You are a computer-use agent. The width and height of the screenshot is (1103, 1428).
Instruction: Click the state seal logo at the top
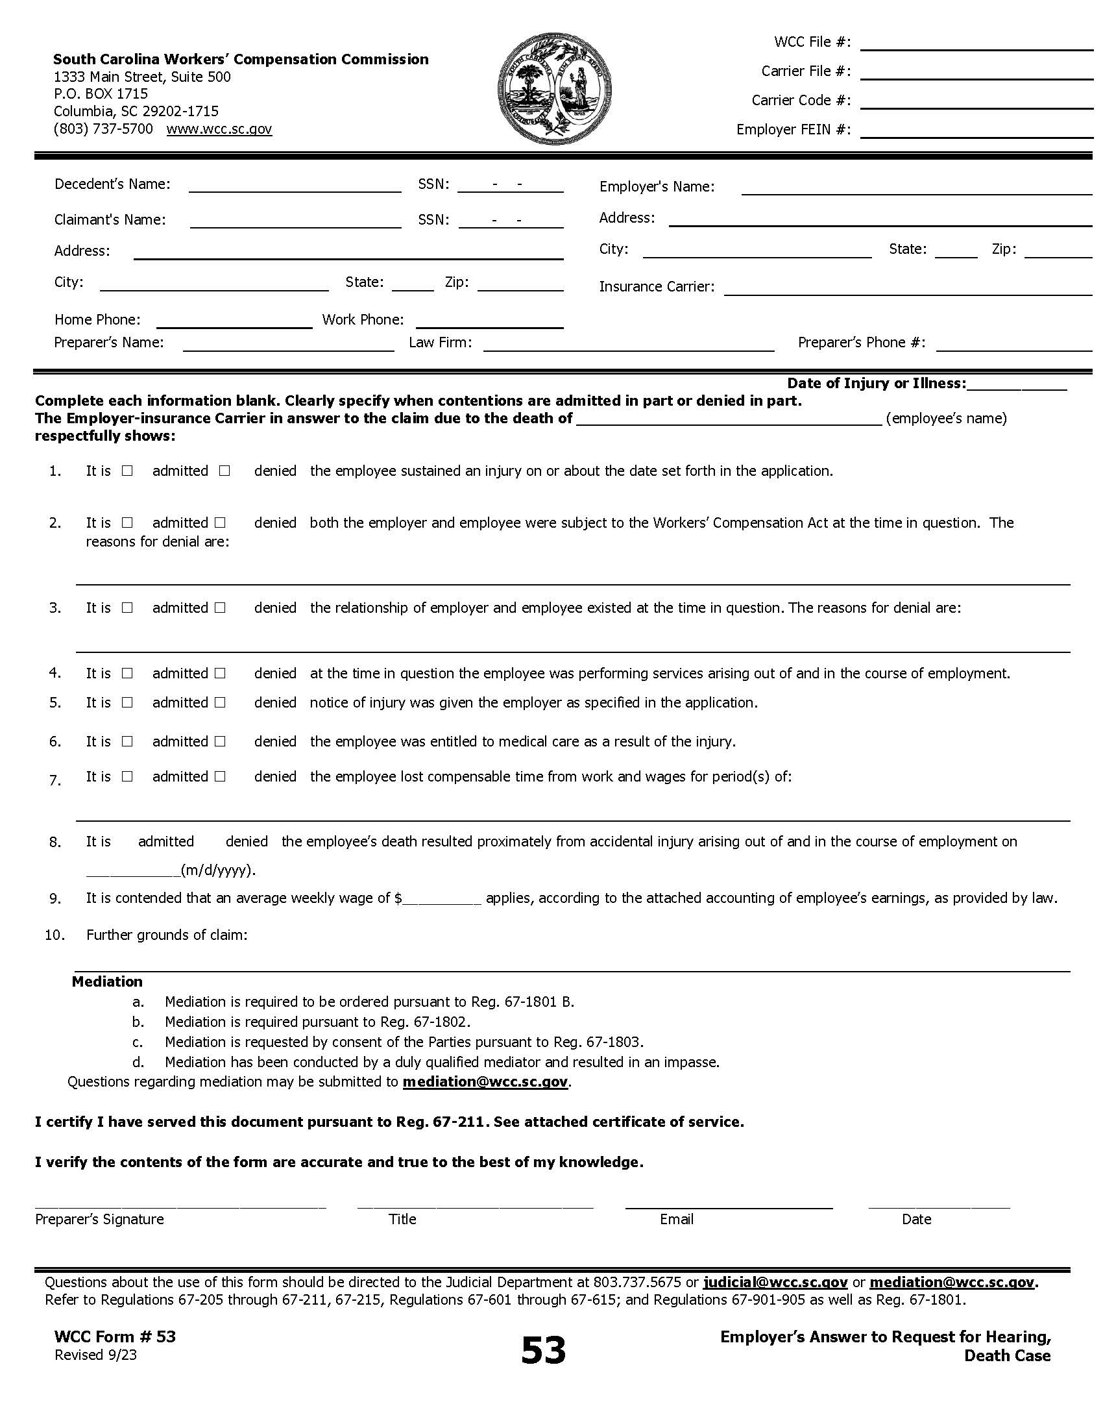coord(554,90)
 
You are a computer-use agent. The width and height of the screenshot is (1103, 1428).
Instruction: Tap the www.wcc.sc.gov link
coord(219,129)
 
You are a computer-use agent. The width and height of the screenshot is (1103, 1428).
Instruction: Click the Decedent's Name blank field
coord(295,187)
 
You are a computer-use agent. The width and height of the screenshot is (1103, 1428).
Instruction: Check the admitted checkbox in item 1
coord(127,471)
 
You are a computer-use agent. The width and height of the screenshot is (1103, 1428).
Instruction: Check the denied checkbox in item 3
coord(220,608)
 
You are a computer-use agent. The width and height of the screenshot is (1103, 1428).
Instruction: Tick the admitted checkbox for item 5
coord(127,702)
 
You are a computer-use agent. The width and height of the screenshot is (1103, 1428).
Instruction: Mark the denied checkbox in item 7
coord(220,776)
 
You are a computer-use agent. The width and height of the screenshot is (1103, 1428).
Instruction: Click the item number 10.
coord(55,935)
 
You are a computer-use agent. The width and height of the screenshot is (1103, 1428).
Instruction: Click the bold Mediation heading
coord(107,981)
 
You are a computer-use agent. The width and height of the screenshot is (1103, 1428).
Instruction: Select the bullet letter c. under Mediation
coord(138,1042)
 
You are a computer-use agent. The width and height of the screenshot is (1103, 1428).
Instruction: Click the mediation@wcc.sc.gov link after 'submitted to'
coord(485,1081)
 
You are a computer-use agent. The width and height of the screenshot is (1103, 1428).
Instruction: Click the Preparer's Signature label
coord(99,1219)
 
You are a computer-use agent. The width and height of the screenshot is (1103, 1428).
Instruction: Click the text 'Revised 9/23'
coord(95,1355)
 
